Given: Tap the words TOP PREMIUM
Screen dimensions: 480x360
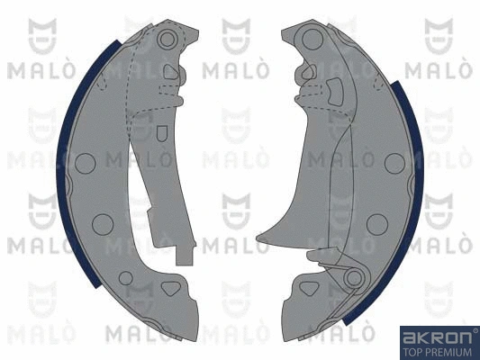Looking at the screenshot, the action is pyautogui.click(x=438, y=352).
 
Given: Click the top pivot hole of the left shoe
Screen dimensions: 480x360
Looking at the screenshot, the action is pyautogui.click(x=168, y=39).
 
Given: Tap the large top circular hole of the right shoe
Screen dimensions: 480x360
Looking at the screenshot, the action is pyautogui.click(x=312, y=40).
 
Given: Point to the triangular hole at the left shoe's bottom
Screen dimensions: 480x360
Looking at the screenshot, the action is pyautogui.click(x=171, y=288).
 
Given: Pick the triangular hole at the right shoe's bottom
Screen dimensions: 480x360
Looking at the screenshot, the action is pyautogui.click(x=309, y=288).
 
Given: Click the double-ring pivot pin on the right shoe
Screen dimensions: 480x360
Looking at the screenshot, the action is pyautogui.click(x=355, y=277).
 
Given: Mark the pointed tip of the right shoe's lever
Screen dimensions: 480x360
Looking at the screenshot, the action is pyautogui.click(x=258, y=238).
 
